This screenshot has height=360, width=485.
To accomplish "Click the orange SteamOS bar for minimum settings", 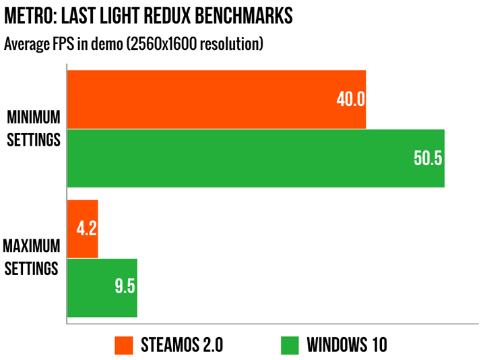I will [x=216, y=99].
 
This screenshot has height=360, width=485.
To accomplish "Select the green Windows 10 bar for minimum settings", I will [x=255, y=158].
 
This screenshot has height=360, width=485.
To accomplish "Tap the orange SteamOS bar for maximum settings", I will [x=83, y=229].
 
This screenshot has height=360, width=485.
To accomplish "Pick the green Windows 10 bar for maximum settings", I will [x=102, y=288].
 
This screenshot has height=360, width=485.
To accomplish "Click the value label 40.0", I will [x=350, y=100].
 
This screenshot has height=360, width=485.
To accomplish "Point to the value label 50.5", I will [x=428, y=159].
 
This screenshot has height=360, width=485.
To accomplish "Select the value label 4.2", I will [x=87, y=229].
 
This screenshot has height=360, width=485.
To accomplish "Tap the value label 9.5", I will [x=125, y=287].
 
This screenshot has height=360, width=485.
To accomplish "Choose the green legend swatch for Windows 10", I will [x=289, y=344].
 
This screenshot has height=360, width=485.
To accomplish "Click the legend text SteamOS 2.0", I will [x=182, y=345].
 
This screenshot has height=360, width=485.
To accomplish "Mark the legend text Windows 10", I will [x=347, y=345].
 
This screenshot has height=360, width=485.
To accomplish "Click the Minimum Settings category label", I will [x=33, y=129].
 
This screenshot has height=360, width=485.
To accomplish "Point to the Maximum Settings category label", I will [x=32, y=256].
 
